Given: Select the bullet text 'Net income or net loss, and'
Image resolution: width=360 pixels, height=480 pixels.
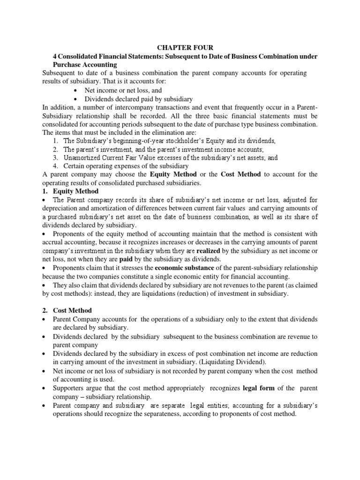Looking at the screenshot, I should [x=123, y=90].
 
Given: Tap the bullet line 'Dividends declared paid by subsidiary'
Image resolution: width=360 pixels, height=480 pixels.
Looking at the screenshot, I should [x=139, y=98].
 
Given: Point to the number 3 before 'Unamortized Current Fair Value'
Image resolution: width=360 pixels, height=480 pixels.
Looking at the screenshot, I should [x=55, y=157].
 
